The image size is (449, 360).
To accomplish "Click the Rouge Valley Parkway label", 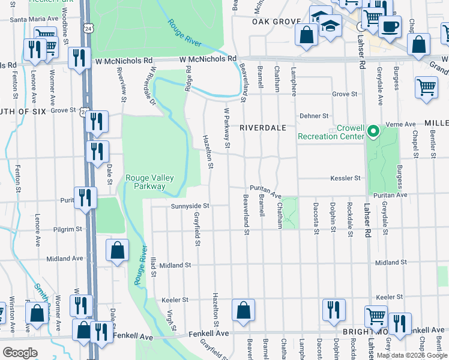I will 145,182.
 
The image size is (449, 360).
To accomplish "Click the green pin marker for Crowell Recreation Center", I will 372,130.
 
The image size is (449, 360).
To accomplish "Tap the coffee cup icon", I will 390,28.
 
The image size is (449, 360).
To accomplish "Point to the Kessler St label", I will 345,178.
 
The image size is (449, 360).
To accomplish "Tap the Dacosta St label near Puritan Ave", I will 316,218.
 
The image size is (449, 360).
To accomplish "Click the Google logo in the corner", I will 20,353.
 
